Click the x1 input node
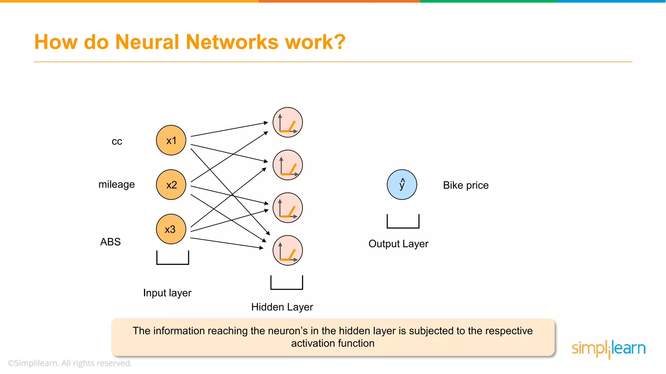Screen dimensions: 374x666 (x=171, y=140)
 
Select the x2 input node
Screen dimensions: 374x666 (x=171, y=185)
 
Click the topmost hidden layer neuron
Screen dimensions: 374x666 (x=287, y=122)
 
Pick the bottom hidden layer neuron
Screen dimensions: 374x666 (x=287, y=250)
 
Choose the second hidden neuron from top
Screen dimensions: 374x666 (x=287, y=165)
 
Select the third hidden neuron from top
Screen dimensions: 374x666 (x=287, y=208)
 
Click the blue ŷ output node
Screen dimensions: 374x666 (x=402, y=184)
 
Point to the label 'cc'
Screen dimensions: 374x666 (x=117, y=142)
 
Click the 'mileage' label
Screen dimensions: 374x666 (x=116, y=184)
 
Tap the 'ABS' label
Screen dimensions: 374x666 (x=110, y=242)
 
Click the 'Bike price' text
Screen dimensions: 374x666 (x=466, y=185)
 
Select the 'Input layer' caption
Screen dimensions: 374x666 (x=167, y=293)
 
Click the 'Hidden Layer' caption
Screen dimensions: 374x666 (x=282, y=307)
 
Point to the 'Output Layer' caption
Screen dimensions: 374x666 (x=398, y=243)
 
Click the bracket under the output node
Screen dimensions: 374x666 (x=403, y=227)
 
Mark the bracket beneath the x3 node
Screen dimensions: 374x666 (x=173, y=263)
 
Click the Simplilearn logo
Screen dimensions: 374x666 (x=608, y=349)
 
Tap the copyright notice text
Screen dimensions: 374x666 (x=70, y=363)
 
